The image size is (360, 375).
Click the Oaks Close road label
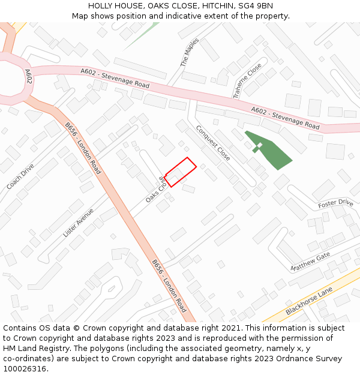pos(154,190)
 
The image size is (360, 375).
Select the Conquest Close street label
pos(213,143)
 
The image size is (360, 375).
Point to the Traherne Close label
pos(247,80)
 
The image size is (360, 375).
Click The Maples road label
pos(190,52)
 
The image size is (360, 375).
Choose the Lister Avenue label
pos(79,223)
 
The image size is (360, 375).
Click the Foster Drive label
pos(335,203)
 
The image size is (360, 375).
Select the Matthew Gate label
pos(310,261)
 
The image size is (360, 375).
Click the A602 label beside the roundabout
pos(28,76)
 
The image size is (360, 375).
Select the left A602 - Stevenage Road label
pos(115,77)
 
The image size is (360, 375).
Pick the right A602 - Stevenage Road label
pos(285,118)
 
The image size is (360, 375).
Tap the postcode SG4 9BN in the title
pos(252,6)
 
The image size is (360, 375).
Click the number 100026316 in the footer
pos(24,368)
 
